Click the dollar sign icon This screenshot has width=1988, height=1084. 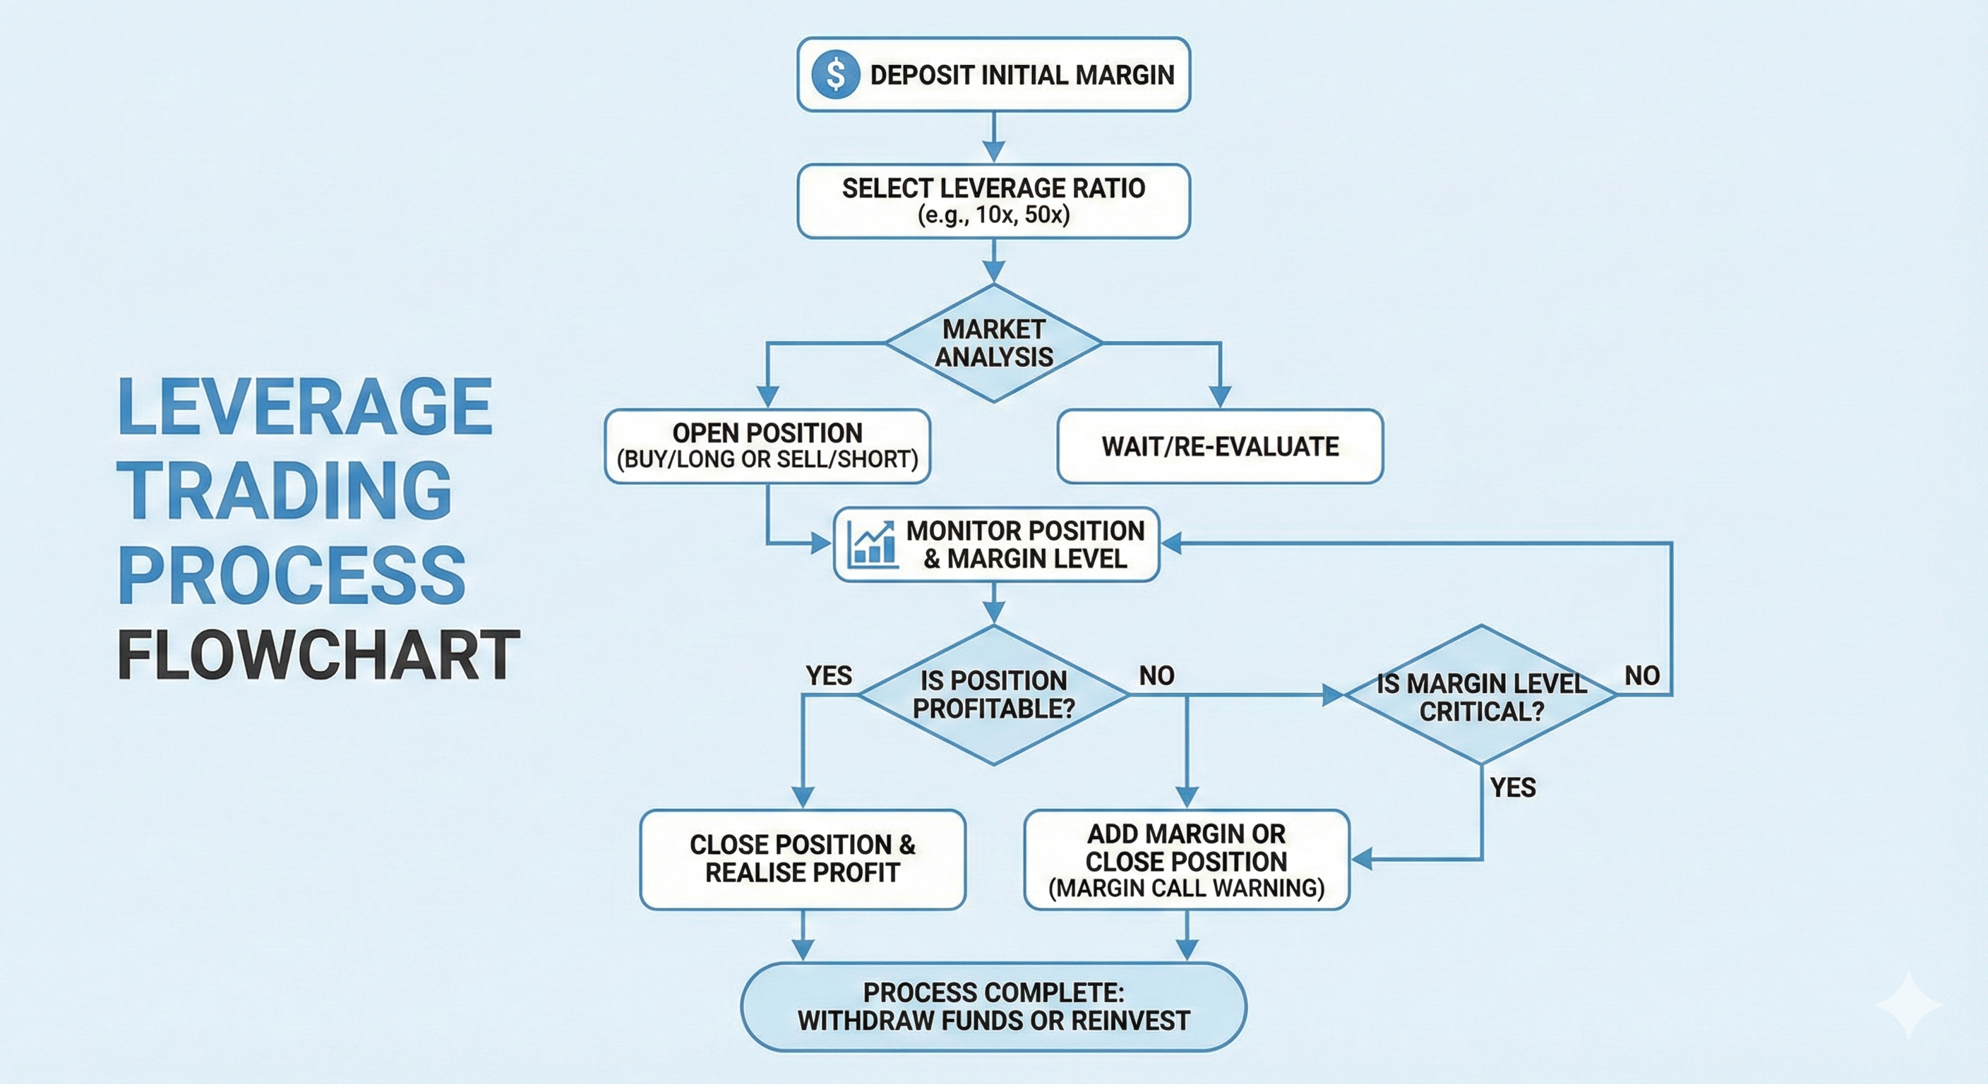point(835,74)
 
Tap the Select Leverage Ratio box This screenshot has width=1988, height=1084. point(993,200)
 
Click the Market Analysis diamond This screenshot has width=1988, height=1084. point(993,343)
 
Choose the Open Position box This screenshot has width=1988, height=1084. point(767,446)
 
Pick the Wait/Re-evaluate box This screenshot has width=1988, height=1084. point(1219,446)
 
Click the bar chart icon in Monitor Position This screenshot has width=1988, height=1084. point(872,544)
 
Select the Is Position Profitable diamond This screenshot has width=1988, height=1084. point(993,694)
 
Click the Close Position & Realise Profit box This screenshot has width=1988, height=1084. point(803,859)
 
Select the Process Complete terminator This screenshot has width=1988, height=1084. point(993,1006)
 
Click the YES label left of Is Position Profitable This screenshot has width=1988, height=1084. point(829,676)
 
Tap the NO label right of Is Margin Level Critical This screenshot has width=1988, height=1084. point(1641,676)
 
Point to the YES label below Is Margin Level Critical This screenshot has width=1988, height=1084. point(1513,788)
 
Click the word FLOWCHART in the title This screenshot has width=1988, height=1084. point(318,655)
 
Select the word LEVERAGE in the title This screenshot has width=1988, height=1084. point(306,406)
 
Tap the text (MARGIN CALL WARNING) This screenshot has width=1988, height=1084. point(1186,888)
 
